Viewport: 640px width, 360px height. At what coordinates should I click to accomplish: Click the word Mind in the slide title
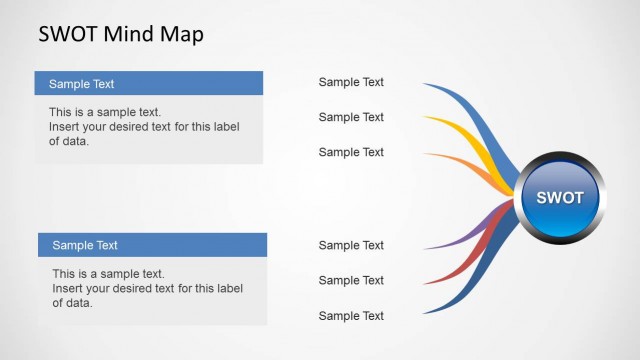point(128,34)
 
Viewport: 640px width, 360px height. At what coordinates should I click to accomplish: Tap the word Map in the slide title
point(181,34)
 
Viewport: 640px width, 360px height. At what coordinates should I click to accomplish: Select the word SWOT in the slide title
point(66,34)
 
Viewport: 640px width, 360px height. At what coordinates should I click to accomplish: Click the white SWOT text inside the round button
point(559,197)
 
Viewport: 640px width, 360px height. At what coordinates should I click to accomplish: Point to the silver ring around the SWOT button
point(559,156)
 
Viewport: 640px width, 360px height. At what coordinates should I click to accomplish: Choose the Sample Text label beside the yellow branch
point(351,117)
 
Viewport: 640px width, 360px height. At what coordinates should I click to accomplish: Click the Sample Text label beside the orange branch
point(351,152)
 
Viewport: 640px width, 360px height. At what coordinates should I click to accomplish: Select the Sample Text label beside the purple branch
point(351,245)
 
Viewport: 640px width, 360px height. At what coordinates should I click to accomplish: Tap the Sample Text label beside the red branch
point(351,280)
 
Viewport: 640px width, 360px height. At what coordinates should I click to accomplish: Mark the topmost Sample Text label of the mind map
point(351,82)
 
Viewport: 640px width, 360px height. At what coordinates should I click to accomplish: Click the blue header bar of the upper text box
point(148,83)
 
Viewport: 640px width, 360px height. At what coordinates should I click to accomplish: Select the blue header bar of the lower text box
point(152,245)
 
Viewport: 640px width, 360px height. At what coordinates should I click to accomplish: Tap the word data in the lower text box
point(79,303)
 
